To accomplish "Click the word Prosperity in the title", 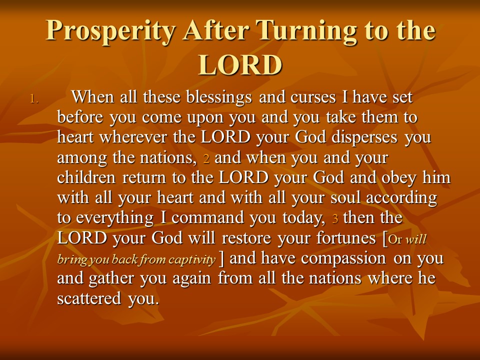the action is click(x=111, y=31).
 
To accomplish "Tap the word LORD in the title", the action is click(x=240, y=65).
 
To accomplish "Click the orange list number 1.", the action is click(x=34, y=99).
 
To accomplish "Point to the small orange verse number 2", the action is click(x=206, y=159).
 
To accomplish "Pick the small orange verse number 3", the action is click(x=335, y=218).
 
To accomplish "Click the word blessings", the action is click(x=219, y=97).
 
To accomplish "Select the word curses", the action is click(x=313, y=97).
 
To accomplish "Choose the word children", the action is click(x=86, y=177).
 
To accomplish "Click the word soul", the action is click(x=345, y=197).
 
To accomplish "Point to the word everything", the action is click(x=115, y=218).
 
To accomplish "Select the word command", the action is click(x=208, y=217).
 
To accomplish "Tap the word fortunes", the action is click(x=346, y=238).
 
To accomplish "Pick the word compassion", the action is click(x=343, y=258).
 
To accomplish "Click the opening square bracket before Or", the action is click(x=385, y=239).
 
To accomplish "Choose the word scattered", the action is click(x=89, y=298).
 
